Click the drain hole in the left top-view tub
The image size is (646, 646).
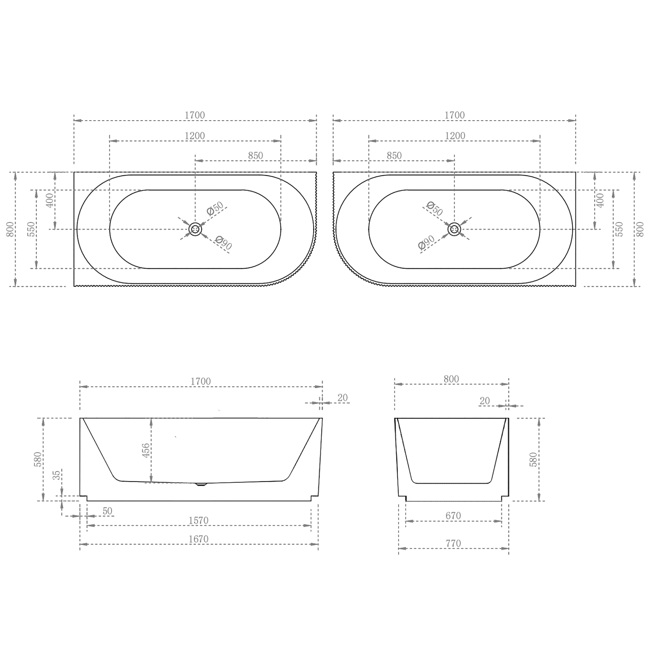[195, 229]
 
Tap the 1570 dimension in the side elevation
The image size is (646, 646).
[198, 521]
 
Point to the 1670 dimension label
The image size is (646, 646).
[198, 539]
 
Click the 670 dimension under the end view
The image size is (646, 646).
[453, 516]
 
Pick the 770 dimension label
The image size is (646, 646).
[453, 543]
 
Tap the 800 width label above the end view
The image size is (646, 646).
[451, 379]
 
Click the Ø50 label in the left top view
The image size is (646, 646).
[215, 209]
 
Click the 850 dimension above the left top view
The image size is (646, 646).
[256, 156]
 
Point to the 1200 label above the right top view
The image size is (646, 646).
[455, 136]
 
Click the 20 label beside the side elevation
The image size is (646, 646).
[343, 398]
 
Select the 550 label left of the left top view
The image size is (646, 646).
[31, 229]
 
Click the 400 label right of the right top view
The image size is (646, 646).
[600, 200]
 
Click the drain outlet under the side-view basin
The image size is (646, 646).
[201, 484]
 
